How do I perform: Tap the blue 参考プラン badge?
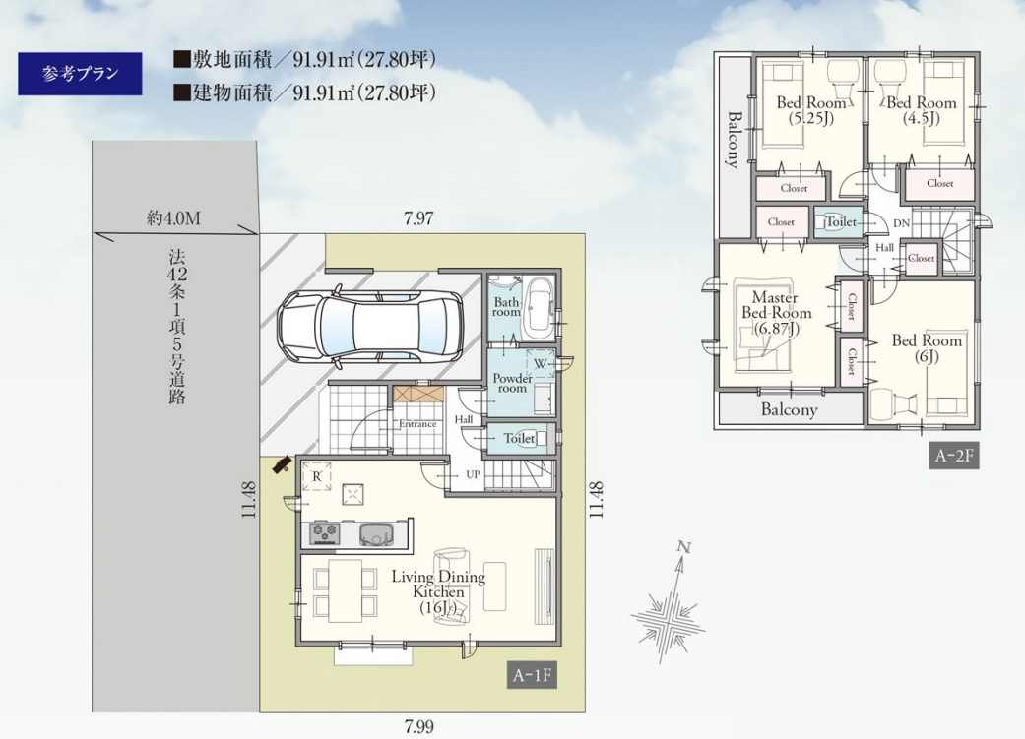pyautogui.click(x=80, y=74)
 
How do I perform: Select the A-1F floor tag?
pyautogui.click(x=533, y=675)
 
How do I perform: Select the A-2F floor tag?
pyautogui.click(x=954, y=456)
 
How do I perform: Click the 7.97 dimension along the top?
pyautogui.click(x=418, y=218)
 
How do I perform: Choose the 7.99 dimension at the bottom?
pyautogui.click(x=419, y=726)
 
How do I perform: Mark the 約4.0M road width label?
pyautogui.click(x=173, y=218)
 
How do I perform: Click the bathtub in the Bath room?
pyautogui.click(x=540, y=306)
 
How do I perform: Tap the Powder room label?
pyautogui.click(x=512, y=383)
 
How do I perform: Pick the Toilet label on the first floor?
pyautogui.click(x=519, y=439)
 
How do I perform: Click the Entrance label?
pyautogui.click(x=417, y=424)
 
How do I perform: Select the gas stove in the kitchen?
pyautogui.click(x=325, y=533)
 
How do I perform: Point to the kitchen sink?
pyautogui.click(x=378, y=533)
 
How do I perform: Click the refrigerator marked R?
pyautogui.click(x=316, y=476)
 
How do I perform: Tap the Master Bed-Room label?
pyautogui.click(x=776, y=313)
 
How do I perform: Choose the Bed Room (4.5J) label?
pyautogui.click(x=921, y=110)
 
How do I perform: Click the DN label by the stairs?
pyautogui.click(x=902, y=223)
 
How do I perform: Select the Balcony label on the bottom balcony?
pyautogui.click(x=789, y=409)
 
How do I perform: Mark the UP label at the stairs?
pyautogui.click(x=474, y=474)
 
